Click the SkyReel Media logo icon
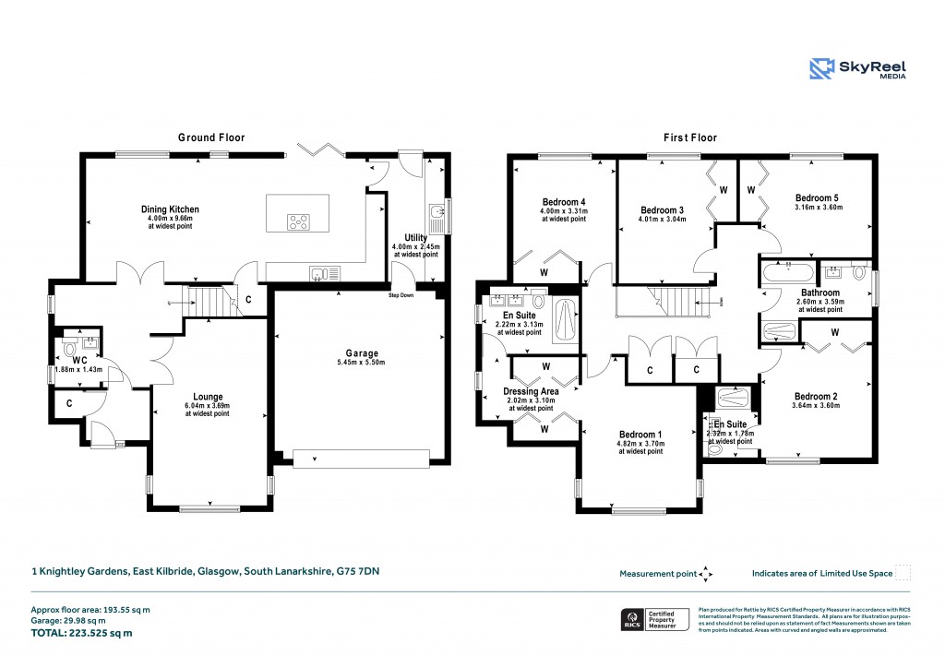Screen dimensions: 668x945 point(821,69)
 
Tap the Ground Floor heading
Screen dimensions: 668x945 point(211,137)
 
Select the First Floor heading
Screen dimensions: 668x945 point(690,137)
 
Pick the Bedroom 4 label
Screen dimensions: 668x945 point(563,202)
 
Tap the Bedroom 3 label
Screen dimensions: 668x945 point(662,210)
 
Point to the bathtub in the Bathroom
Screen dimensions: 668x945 point(788,272)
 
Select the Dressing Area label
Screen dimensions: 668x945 point(530,391)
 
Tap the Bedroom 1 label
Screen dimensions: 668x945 point(640,435)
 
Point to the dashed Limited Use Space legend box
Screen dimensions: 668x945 point(904,573)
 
